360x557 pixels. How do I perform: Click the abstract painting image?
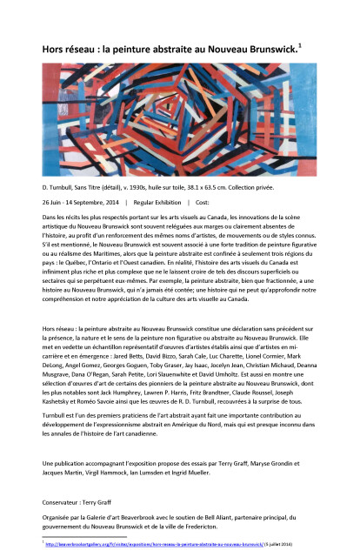point(179,105)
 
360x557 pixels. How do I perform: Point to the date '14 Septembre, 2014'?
point(102,202)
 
